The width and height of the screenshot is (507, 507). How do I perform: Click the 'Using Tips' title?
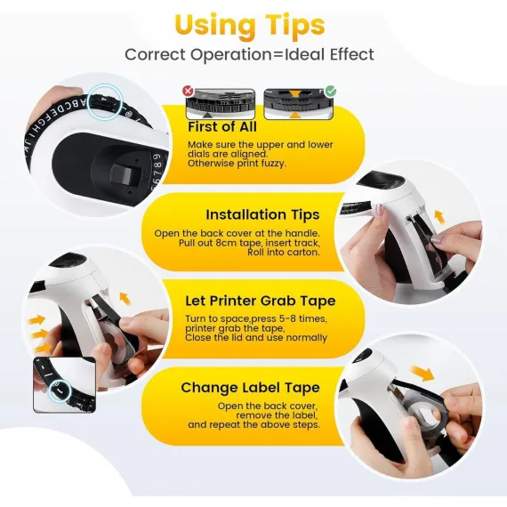coord(250,26)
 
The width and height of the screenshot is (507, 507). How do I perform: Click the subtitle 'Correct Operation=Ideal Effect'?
coord(249,54)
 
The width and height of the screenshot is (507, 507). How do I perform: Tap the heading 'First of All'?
coord(222,126)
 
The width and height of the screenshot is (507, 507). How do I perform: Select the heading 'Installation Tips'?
coord(262,214)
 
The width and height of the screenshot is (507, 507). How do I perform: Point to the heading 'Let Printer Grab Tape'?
coord(261,301)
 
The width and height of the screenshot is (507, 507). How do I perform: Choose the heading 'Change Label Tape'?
coord(250,387)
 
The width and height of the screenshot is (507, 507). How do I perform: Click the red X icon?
coord(188,92)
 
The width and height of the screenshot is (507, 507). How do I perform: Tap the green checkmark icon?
coord(331,92)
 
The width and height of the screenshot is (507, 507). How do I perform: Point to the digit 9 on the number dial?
coord(157,157)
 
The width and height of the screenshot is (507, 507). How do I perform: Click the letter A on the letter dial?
coord(83,103)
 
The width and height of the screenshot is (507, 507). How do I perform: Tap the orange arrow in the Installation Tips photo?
coord(439,217)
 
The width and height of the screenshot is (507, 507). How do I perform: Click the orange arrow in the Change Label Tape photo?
coord(422,374)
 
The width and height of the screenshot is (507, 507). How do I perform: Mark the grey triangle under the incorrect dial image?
coord(207,115)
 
